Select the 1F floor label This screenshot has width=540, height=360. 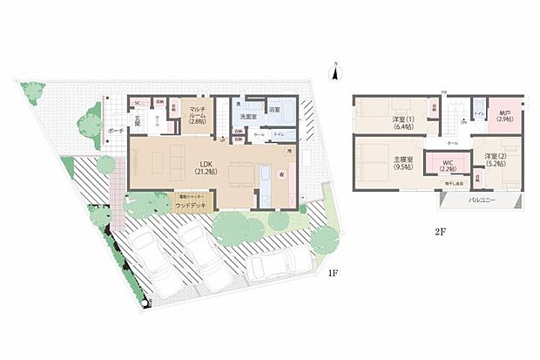(332, 273)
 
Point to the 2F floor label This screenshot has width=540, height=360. (442, 234)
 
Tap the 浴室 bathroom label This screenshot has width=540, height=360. (275, 111)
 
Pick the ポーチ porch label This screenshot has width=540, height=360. (115, 130)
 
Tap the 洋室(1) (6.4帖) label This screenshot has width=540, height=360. (402, 120)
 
